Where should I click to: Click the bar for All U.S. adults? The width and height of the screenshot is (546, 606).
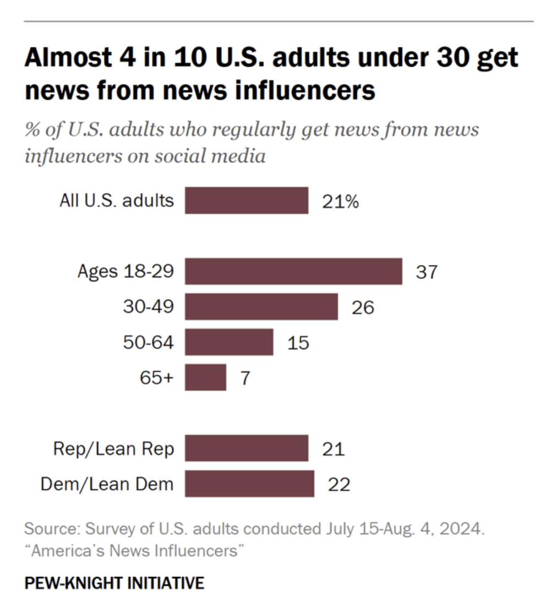(x=246, y=201)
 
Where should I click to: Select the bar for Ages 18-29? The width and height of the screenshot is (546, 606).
(x=293, y=271)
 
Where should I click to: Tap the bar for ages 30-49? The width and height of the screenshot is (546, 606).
(x=261, y=306)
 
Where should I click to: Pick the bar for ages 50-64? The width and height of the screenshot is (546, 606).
(x=229, y=342)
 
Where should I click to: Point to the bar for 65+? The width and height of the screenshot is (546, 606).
(x=205, y=377)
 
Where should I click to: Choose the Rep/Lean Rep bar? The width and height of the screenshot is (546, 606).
(x=246, y=448)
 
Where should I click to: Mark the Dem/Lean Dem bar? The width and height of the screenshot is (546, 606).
(x=249, y=483)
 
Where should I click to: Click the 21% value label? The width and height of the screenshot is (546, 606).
(x=340, y=202)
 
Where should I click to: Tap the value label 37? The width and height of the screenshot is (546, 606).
(x=426, y=272)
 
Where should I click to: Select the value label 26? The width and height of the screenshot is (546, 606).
(x=363, y=307)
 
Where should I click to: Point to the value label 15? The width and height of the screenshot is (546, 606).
(x=298, y=343)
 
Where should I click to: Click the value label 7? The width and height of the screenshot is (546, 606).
(x=245, y=378)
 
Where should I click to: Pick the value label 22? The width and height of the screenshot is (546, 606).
(x=339, y=484)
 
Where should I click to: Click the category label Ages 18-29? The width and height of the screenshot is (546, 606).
(x=125, y=271)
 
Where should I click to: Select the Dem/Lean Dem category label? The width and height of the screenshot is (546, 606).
(x=107, y=484)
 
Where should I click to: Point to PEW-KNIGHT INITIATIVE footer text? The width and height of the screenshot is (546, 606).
(x=114, y=583)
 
